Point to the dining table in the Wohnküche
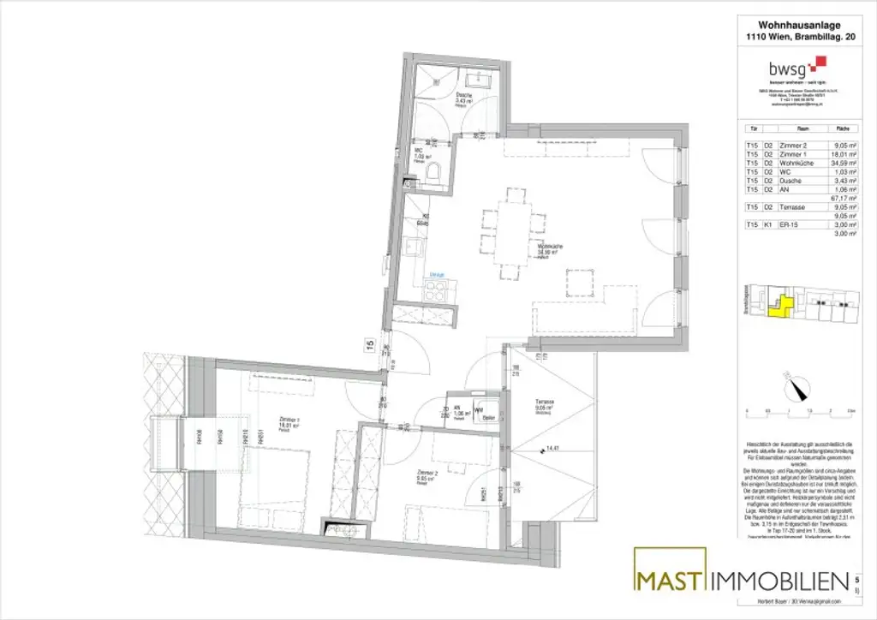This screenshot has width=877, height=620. (514, 233)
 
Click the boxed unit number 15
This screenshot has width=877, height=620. (369, 345)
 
